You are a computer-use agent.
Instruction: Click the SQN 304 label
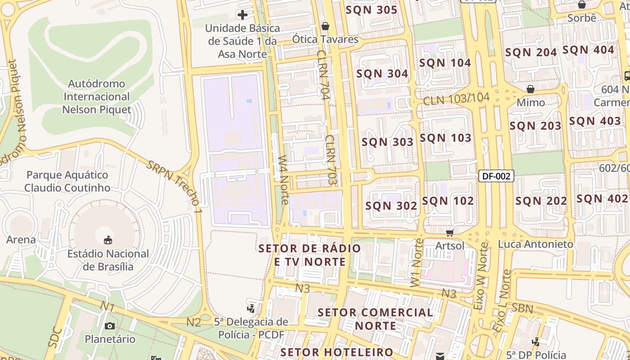(x=382, y=74)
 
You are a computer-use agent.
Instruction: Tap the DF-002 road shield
(x=495, y=176)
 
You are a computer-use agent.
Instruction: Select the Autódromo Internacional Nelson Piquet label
(x=96, y=97)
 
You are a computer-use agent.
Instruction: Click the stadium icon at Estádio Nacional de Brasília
(x=108, y=240)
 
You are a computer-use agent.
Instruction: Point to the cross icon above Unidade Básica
(x=243, y=15)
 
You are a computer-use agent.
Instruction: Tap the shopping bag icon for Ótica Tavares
(x=325, y=26)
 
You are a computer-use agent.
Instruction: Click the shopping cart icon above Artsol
(x=450, y=233)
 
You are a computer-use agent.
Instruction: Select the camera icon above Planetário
(x=110, y=326)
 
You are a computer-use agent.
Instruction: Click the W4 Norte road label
(x=283, y=180)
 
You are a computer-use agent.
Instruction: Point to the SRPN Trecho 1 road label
(x=174, y=186)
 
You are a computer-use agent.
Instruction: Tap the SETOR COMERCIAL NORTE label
(x=375, y=319)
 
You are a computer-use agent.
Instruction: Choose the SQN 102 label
(x=448, y=201)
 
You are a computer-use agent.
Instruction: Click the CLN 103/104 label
(x=455, y=99)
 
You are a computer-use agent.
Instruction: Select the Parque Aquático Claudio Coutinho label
(x=67, y=181)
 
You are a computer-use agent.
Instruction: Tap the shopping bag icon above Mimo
(x=531, y=89)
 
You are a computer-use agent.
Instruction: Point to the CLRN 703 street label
(x=331, y=160)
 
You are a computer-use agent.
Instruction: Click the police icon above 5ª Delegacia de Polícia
(x=251, y=308)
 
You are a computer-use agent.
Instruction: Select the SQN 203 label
(x=535, y=126)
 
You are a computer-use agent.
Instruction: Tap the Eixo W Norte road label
(x=481, y=275)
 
